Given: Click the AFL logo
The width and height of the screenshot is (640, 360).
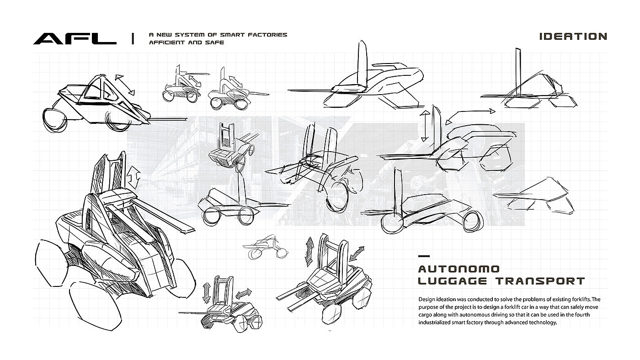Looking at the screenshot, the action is click(75, 39).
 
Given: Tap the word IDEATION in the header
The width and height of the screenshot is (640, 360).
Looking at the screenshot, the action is click(573, 37).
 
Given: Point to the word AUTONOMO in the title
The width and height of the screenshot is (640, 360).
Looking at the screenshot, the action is click(459, 269).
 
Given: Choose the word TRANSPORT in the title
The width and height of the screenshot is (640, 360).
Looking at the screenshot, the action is click(540, 281).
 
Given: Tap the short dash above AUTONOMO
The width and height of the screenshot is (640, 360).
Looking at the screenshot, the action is click(424, 256).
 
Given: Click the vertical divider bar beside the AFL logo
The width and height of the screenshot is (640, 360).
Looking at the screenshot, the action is click(133, 38).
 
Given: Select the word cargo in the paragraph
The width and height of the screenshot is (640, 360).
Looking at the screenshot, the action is click(425, 315).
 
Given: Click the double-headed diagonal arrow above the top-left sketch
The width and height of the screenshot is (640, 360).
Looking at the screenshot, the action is click(124, 85).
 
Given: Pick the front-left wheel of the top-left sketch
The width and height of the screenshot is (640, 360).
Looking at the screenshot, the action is click(55, 120).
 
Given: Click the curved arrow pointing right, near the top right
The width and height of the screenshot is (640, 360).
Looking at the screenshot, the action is click(470, 116).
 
